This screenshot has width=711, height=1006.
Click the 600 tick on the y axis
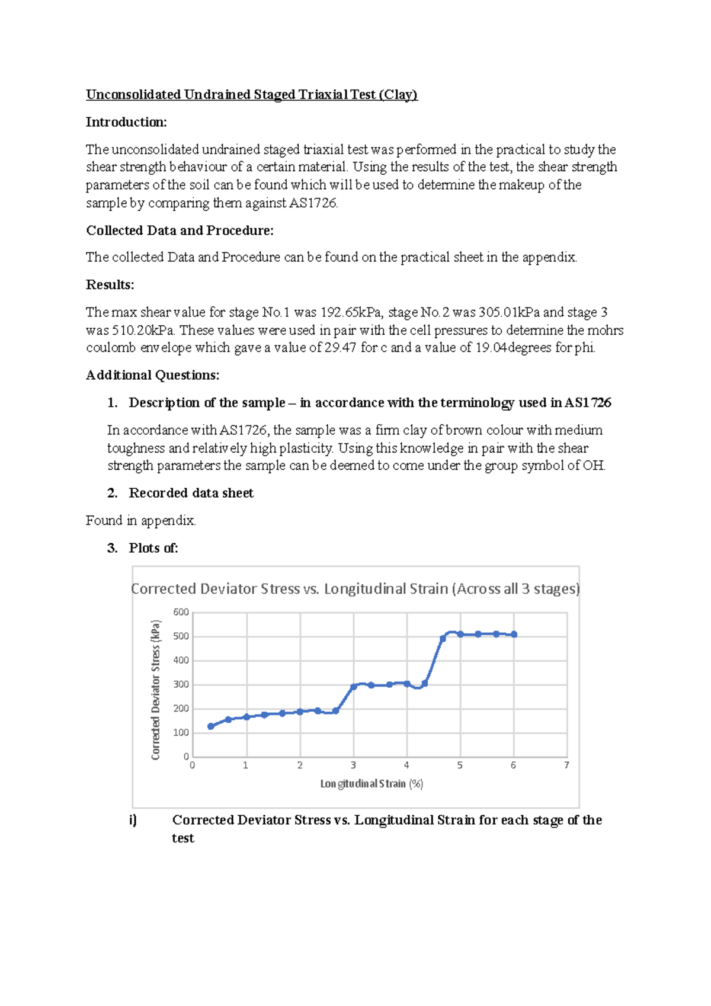pyautogui.click(x=181, y=612)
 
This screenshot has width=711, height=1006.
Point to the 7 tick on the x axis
pyautogui.click(x=566, y=765)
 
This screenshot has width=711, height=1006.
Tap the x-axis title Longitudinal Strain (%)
pyautogui.click(x=371, y=784)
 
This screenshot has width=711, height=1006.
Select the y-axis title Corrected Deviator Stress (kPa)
pyautogui.click(x=156, y=690)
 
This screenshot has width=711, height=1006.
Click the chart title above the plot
pyautogui.click(x=355, y=589)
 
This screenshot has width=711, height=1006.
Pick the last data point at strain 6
pyautogui.click(x=514, y=635)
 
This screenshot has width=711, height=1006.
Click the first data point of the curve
pyautogui.click(x=211, y=726)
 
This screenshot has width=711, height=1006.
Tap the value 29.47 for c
pyautogui.click(x=340, y=348)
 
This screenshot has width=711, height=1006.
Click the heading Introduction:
pyautogui.click(x=126, y=122)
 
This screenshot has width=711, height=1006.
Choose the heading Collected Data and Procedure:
pyautogui.click(x=180, y=230)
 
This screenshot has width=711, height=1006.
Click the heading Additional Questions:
pyautogui.click(x=152, y=375)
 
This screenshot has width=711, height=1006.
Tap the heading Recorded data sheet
pyautogui.click(x=191, y=493)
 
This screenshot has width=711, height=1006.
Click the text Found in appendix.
pyautogui.click(x=140, y=520)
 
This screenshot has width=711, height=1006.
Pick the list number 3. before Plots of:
pyautogui.click(x=112, y=548)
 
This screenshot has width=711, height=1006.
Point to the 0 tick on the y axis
pyautogui.click(x=185, y=757)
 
